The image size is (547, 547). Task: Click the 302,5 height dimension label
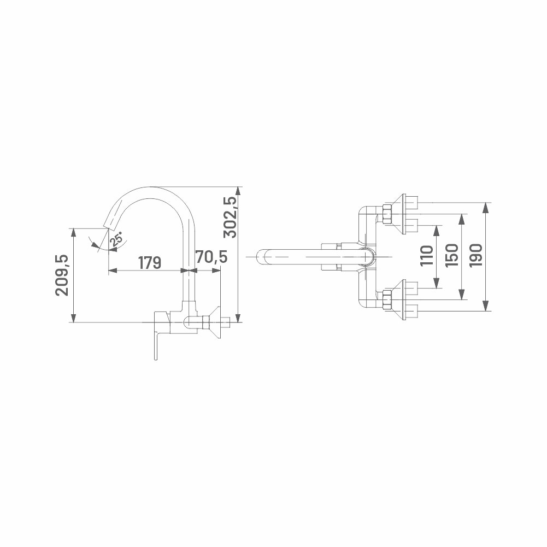[x=230, y=217]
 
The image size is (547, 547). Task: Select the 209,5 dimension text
[x=62, y=275]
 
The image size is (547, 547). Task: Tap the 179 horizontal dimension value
[x=150, y=263]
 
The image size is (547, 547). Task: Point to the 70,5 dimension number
[x=211, y=257]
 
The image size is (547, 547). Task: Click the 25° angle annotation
[x=116, y=239]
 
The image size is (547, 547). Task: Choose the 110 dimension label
[x=427, y=256]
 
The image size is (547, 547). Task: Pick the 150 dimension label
[x=452, y=256]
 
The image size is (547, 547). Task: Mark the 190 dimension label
[x=476, y=256]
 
